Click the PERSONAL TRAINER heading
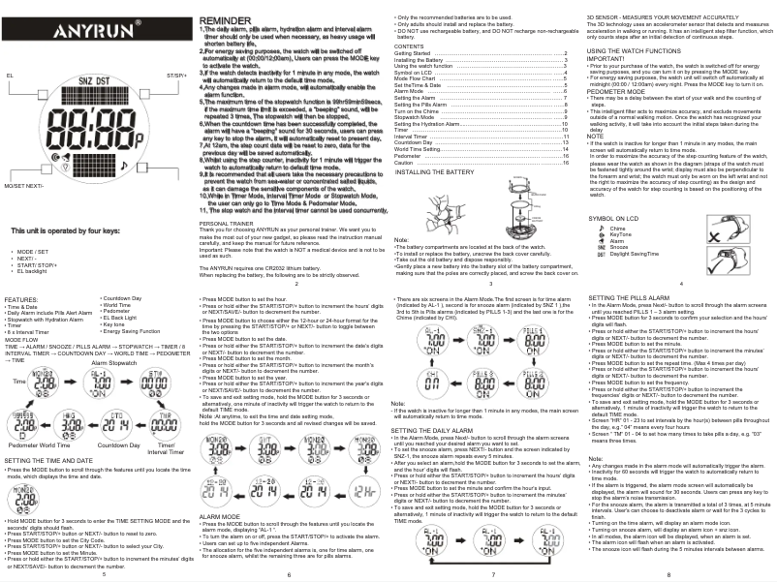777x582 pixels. [x=227, y=223]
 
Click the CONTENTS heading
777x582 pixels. [x=410, y=46]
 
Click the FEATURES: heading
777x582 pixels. [x=22, y=300]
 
